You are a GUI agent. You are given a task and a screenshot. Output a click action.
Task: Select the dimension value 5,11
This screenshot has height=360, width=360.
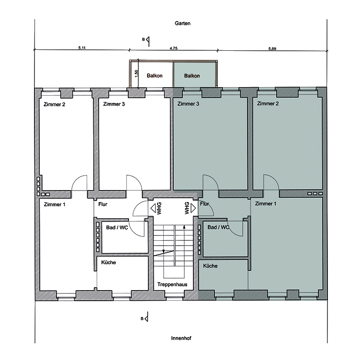tap(82, 48)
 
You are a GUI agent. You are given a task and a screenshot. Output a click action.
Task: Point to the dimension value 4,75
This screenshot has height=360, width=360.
tap(174, 48)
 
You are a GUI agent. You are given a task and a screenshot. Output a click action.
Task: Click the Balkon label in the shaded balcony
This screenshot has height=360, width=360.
tap(192, 76)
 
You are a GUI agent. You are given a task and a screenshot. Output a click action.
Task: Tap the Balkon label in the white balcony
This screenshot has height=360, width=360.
tap(155, 76)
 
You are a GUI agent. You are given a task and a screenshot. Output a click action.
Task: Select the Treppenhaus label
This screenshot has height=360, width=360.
tap(172, 284)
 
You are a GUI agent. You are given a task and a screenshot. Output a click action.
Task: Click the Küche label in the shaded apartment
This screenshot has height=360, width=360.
tap(211, 266)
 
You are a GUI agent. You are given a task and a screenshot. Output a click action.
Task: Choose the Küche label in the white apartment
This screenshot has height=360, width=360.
tap(108, 262)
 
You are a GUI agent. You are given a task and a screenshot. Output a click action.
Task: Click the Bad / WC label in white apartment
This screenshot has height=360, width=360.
tap(116, 227)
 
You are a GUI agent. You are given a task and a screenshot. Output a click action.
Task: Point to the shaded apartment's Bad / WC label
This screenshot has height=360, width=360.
tap(218, 227)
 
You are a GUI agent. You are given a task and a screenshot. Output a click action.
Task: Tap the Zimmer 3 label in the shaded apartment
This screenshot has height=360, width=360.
tap(188, 104)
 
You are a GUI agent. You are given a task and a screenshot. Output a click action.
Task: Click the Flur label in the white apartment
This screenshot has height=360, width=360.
tap(103, 204)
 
